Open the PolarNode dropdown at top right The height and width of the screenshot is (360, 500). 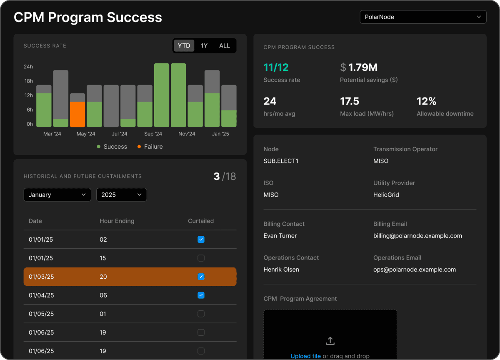422,17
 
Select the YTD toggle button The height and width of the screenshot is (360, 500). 184,46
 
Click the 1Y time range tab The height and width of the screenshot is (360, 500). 204,46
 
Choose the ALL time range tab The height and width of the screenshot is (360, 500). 224,46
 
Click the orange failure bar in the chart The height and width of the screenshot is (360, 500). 77,114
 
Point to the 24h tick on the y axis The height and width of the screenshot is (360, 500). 28,67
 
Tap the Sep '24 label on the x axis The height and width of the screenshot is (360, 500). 153,134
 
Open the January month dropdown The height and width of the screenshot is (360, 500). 57,195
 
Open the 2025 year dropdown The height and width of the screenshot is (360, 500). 121,195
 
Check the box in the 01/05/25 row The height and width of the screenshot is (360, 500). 201,314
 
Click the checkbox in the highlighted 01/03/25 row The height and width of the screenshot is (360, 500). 201,277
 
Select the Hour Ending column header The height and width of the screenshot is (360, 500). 117,221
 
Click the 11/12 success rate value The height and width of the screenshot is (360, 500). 276,67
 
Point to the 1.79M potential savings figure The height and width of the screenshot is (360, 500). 362,67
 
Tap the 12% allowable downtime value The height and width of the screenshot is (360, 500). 426,101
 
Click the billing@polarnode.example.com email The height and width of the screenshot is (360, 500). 417,236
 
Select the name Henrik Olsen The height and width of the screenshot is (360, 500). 281,270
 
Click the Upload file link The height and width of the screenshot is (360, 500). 305,356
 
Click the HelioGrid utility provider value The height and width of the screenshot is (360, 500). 386,195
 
